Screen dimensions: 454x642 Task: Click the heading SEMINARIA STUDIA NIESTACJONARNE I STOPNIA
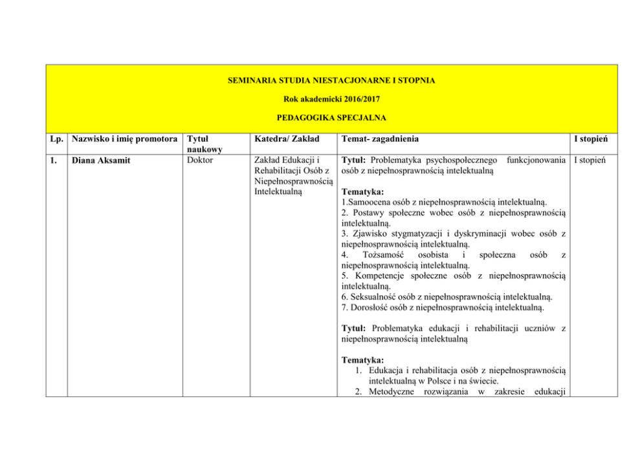click(x=331, y=80)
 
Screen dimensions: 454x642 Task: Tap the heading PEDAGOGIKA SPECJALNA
click(x=331, y=118)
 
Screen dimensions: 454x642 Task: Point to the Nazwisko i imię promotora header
click(x=124, y=138)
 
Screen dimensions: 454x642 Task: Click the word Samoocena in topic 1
click(x=371, y=202)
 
